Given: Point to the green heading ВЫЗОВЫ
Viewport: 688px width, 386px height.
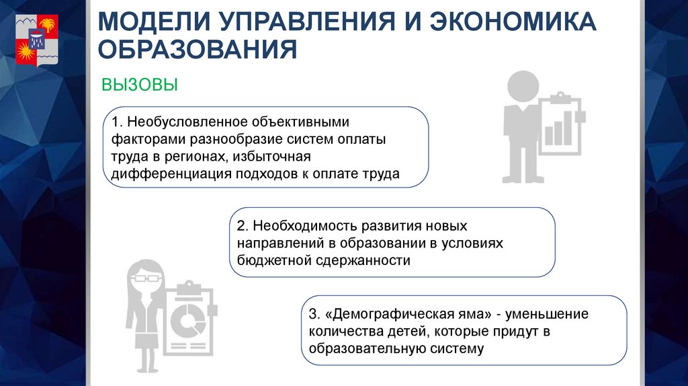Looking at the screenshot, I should [x=140, y=85].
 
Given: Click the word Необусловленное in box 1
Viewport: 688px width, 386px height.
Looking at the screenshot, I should [x=181, y=123].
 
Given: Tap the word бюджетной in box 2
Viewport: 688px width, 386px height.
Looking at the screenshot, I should [x=266, y=260].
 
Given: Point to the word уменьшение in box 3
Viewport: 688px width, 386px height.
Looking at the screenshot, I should [x=546, y=314].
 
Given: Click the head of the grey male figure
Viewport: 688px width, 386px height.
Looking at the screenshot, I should [x=523, y=87].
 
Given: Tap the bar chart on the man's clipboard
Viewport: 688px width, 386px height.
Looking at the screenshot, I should [x=558, y=128].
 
